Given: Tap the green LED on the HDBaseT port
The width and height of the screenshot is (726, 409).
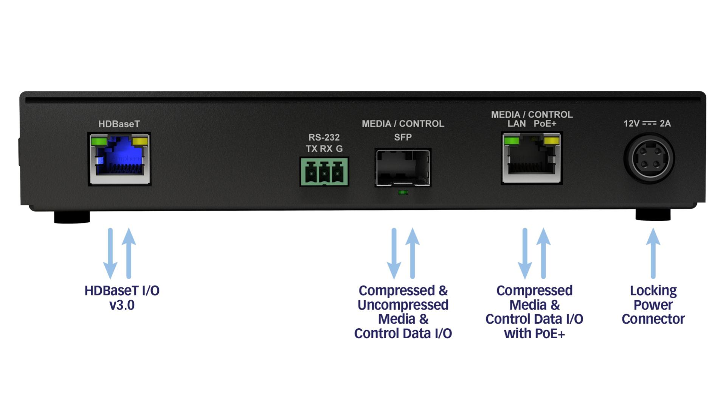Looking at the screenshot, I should [x=99, y=141].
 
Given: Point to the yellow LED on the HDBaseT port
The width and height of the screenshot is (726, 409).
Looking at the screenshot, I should [x=140, y=141].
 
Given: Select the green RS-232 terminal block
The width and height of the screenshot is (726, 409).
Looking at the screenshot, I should [x=324, y=173].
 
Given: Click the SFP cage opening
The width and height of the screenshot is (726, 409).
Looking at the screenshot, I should [x=403, y=167].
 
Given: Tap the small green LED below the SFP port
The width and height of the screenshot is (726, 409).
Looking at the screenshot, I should [x=403, y=193].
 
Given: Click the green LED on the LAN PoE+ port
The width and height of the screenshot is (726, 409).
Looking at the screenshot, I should [x=512, y=141].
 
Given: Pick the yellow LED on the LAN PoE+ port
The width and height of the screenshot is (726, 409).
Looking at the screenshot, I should [x=551, y=141].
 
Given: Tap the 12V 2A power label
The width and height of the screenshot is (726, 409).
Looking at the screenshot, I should [x=647, y=123].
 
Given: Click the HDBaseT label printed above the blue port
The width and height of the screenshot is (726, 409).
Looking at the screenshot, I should [x=119, y=124].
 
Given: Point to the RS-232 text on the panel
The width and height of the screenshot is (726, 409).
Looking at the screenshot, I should [x=324, y=137].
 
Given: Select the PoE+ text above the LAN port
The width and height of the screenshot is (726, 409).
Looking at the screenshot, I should [x=545, y=124].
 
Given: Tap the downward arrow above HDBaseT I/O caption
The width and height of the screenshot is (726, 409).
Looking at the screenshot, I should [x=110, y=254].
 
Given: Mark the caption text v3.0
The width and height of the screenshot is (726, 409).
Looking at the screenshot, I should [x=122, y=305].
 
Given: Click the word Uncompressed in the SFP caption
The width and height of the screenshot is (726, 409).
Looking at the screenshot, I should [x=403, y=305].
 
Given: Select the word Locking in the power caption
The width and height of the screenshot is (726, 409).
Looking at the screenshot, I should [x=653, y=291].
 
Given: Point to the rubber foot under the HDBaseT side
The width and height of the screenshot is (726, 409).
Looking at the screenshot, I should [x=72, y=217].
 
